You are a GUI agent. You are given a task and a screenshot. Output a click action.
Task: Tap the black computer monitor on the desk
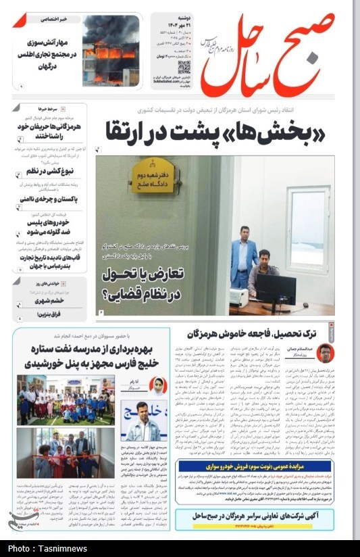coord(278,287)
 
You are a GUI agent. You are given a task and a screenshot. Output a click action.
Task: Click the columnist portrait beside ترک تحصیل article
coord(326,353)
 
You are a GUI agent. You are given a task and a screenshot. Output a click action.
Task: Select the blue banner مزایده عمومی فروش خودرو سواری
coord(254,466)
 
